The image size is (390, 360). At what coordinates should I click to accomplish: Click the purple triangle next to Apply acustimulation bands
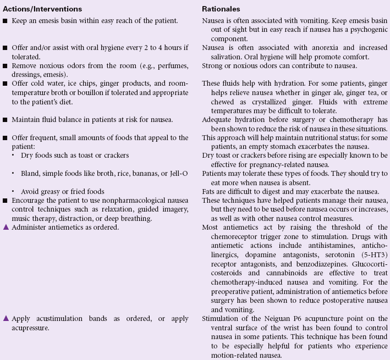pyautogui.click(x=6, y=319)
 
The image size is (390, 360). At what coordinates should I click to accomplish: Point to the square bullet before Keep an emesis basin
pyautogui.click(x=6, y=21)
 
